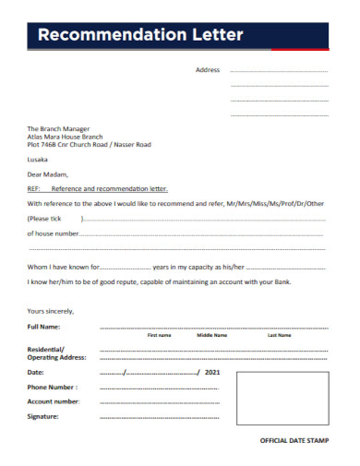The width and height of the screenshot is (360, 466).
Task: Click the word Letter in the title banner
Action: [215, 36]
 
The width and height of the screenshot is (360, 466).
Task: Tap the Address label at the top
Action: [208, 70]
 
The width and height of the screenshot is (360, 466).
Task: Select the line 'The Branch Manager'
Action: [58, 128]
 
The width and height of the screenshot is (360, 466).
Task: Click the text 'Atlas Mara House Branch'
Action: [66, 137]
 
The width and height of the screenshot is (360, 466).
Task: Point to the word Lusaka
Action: [39, 160]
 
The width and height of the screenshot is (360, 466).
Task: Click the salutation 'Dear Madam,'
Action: [48, 173]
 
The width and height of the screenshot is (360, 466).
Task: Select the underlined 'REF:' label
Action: [34, 187]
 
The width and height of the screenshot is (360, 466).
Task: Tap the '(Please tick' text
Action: [44, 219]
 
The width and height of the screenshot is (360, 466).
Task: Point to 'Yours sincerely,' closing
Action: [51, 311]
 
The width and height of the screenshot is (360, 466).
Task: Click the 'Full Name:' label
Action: [44, 327]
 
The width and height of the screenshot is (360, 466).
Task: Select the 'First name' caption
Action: [160, 336]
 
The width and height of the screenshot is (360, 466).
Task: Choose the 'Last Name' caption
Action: [279, 336]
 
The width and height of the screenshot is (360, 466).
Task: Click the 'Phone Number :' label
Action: [53, 387]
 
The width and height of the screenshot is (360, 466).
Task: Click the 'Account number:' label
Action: [54, 401]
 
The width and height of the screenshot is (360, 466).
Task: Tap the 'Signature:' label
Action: [43, 416]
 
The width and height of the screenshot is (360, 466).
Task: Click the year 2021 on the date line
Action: [213, 372]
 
